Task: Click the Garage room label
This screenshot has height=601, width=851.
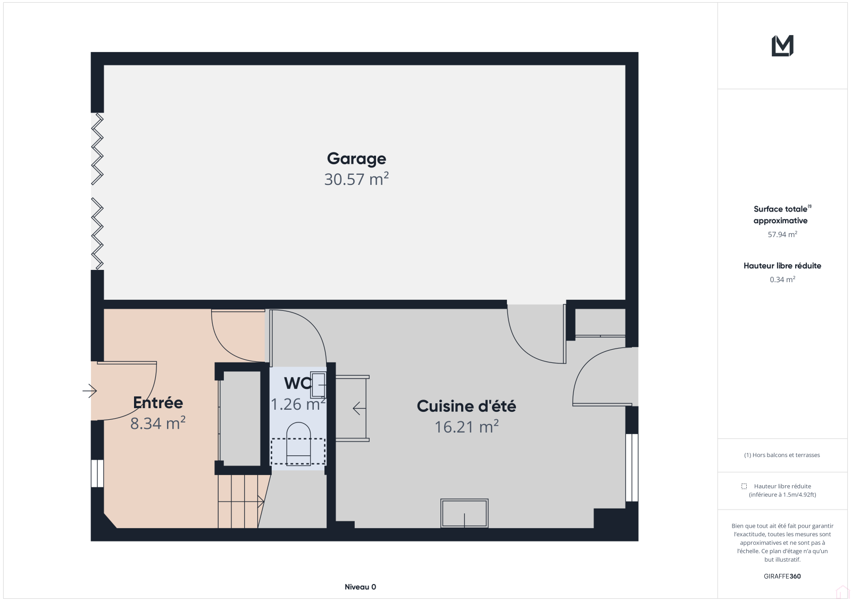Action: click(x=356, y=159)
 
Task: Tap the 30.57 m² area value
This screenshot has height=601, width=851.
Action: click(x=356, y=179)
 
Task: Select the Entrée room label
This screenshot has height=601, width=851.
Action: click(x=158, y=402)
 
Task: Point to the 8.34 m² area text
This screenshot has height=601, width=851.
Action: click(x=158, y=423)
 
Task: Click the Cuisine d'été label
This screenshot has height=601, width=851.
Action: click(x=466, y=406)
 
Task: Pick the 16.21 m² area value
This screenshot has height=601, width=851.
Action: click(x=466, y=427)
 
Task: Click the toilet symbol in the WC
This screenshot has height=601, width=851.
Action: click(x=298, y=443)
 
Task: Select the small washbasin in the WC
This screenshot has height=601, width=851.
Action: click(x=318, y=384)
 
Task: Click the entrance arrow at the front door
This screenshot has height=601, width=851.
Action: click(x=90, y=391)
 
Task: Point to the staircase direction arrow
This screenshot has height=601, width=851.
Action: click(x=241, y=502)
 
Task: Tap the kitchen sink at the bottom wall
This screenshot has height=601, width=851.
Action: click(x=464, y=513)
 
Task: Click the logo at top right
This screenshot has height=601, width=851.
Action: click(x=782, y=46)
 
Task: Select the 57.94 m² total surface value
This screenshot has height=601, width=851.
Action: click(x=782, y=234)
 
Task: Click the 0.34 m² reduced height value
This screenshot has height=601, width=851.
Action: click(x=782, y=280)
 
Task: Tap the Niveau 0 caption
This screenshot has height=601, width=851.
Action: click(x=360, y=587)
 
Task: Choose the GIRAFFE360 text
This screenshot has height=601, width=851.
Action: click(x=782, y=576)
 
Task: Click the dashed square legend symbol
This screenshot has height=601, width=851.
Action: click(x=744, y=486)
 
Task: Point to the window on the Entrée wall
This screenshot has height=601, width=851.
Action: click(x=97, y=473)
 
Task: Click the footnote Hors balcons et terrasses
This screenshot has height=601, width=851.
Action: click(x=782, y=455)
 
